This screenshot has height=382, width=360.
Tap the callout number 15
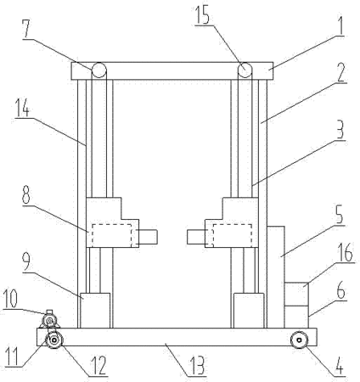tap(203, 15)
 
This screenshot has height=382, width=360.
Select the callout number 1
tap(340, 25)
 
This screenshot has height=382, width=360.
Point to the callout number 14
tap(22, 108)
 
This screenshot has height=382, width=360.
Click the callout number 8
tap(25, 195)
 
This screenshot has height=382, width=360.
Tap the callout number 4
tap(339, 366)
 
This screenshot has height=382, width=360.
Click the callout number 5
tap(340, 216)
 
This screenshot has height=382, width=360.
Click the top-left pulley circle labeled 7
tap(99, 70)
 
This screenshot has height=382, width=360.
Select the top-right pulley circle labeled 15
tap(245, 70)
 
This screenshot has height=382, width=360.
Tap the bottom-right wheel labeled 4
tap(299, 340)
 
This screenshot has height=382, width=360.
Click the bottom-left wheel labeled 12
tap(54, 340)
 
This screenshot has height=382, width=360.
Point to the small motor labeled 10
tap(50, 320)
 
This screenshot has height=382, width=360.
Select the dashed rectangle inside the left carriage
tap(111, 235)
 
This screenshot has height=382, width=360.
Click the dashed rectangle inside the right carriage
tap(232, 235)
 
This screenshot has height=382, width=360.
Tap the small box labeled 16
tap(296, 294)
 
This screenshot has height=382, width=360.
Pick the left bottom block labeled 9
tap(95, 311)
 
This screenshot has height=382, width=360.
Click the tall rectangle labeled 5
tap(276, 278)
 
